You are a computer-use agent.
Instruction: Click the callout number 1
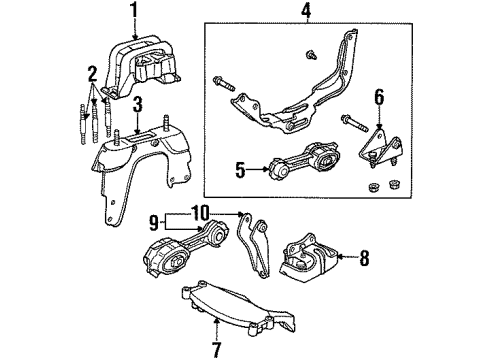[x=133, y=11]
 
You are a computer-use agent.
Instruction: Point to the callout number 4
[x=307, y=13]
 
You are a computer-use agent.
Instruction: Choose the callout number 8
[x=364, y=258]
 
